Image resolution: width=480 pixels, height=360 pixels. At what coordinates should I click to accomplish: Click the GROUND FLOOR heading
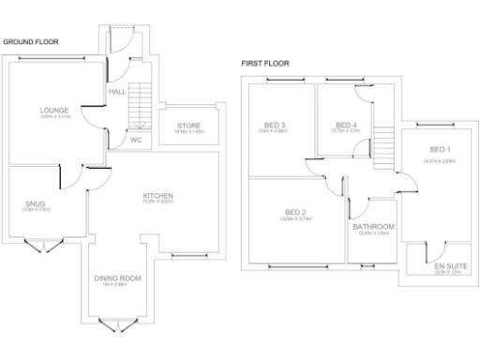point(30,42)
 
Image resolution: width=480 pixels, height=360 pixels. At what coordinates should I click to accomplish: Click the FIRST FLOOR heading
point(265,64)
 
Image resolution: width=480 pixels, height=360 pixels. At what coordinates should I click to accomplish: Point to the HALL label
point(117,93)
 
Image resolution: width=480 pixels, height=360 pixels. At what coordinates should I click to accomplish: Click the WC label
point(135,141)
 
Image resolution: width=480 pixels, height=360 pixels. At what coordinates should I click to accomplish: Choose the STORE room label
point(187,127)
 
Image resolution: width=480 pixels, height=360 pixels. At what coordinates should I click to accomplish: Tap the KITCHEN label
point(157,195)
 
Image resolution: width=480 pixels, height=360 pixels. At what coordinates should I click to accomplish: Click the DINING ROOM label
point(117,278)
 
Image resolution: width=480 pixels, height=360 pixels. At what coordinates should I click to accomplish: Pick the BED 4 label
point(346,126)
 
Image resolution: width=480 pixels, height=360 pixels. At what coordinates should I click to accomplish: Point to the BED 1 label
point(439,151)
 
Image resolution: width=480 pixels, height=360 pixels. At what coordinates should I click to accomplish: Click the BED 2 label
point(294,212)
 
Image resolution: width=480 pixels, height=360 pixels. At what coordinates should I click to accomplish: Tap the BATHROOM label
point(373,227)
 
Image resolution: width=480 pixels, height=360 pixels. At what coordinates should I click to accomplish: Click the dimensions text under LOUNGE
point(54,118)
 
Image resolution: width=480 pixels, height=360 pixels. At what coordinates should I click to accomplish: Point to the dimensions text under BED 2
point(294,219)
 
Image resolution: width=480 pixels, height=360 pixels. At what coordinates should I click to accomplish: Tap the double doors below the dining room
point(116,324)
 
